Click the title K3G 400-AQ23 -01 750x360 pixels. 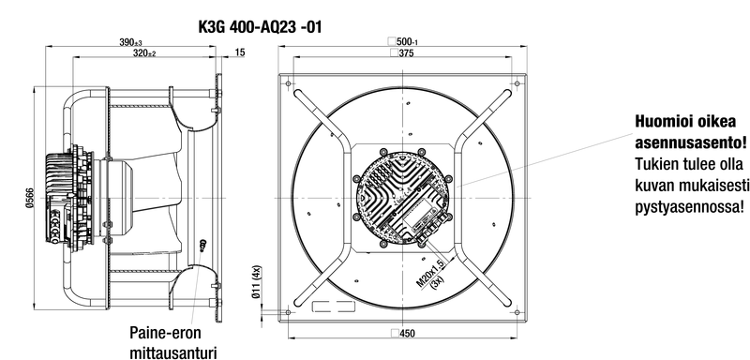[261, 27]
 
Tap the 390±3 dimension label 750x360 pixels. [130, 42]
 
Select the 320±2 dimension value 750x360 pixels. [144, 53]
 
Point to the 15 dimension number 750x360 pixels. [240, 52]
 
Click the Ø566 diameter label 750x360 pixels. [29, 198]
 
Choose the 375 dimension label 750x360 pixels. [402, 53]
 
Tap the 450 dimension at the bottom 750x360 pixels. [403, 333]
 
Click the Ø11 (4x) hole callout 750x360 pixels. [257, 282]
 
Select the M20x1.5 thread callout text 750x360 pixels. [429, 273]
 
